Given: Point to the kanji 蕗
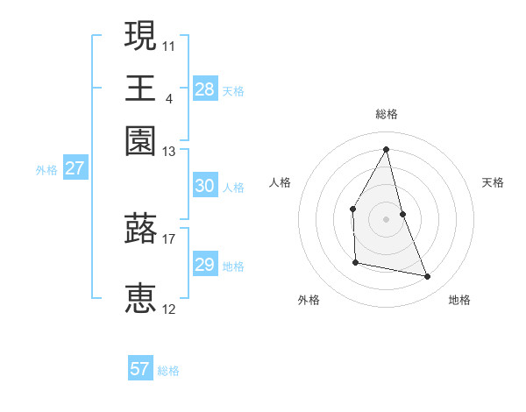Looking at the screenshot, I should [141, 229].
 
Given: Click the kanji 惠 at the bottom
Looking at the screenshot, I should [141, 298].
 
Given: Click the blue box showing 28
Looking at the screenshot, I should [204, 89].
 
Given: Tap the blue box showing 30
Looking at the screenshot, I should [204, 186].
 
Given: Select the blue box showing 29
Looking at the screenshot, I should [204, 265].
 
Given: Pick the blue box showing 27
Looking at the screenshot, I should [75, 168].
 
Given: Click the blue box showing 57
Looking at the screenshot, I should [140, 369].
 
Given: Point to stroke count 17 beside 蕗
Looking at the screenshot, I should [169, 238].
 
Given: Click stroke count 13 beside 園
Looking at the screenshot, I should [169, 153].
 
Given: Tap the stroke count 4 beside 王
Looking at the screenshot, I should [168, 98].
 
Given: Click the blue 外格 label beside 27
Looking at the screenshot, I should [46, 170].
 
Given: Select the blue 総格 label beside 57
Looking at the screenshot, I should [168, 371].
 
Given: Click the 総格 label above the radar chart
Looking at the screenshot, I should [387, 114].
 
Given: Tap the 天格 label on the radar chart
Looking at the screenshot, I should [493, 182].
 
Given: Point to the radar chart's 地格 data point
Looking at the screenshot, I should [428, 277].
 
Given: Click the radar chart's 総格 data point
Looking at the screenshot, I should [387, 149].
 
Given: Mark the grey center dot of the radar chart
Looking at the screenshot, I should [387, 218].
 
